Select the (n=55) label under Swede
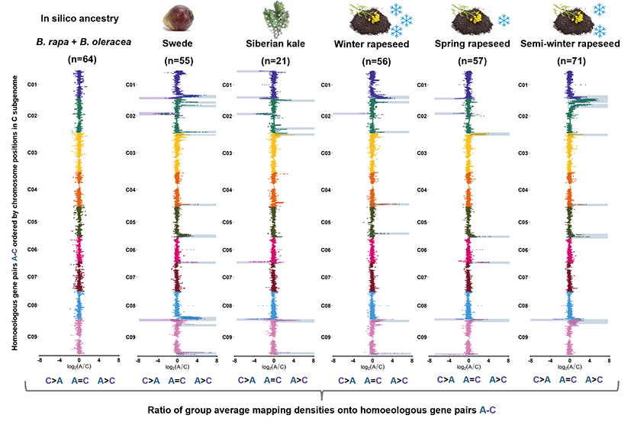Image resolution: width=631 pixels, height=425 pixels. (177, 60)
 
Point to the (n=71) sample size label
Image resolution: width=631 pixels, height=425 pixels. (570, 60)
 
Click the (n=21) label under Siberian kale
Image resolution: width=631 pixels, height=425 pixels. (274, 60)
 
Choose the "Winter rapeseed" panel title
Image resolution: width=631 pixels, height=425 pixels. (372, 43)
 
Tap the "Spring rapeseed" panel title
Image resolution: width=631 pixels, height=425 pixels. (468, 43)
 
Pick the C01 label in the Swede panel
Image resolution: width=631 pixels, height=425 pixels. (130, 85)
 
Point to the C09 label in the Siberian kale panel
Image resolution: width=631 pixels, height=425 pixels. (228, 336)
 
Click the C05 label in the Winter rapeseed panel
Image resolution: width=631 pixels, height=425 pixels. (327, 222)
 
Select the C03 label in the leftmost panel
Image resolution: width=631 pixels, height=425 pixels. (32, 153)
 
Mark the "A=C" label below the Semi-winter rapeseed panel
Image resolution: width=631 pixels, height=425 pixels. (570, 379)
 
